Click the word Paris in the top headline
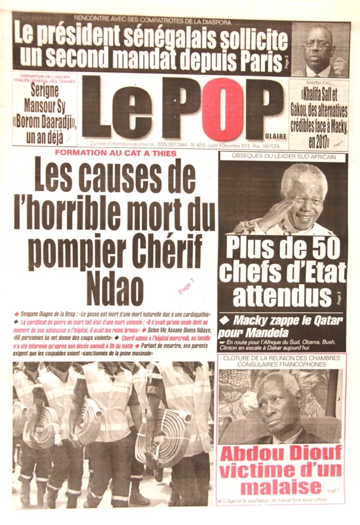(x=253, y=59)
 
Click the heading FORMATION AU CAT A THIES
(x=115, y=154)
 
